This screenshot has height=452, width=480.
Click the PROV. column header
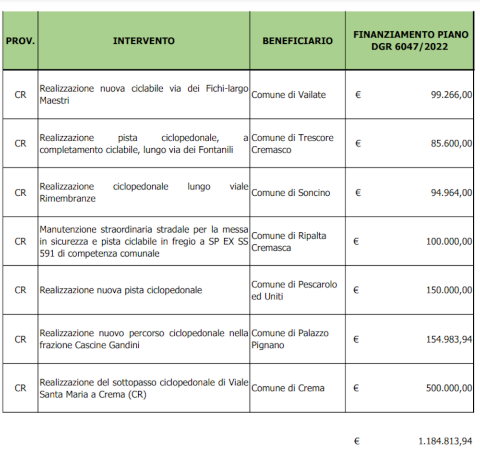20,41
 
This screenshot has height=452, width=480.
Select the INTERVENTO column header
144,41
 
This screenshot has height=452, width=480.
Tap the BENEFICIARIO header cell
297,41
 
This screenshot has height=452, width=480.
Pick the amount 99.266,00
451,95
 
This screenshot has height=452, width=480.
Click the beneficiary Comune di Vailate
288,95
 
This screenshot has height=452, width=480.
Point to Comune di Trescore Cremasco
292,143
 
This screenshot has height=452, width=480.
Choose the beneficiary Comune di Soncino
291,192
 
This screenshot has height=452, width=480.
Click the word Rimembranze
67,199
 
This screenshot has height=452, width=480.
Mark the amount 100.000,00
449,241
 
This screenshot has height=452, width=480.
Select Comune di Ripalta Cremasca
289,241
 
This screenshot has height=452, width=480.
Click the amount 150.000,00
449,290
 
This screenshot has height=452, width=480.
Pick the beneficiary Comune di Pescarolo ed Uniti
294,290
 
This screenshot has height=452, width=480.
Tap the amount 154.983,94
449,339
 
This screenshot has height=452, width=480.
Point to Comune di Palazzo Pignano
290,339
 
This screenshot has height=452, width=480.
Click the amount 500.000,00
449,388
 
